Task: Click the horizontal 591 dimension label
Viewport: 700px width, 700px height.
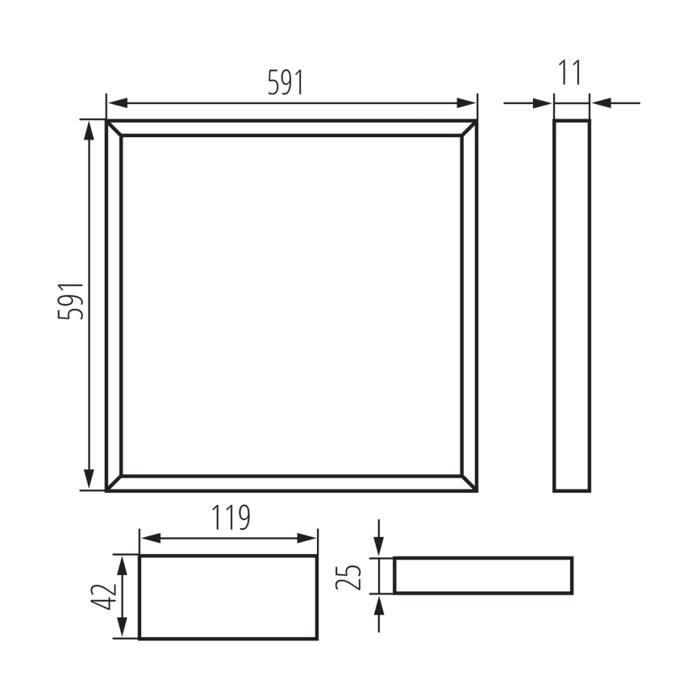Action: point(285,83)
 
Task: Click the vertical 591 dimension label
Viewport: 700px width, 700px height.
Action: point(71,301)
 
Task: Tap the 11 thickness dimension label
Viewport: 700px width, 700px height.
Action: point(570,73)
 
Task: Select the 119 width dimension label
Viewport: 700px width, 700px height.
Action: point(231,518)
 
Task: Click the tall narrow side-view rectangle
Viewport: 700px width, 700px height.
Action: point(572,306)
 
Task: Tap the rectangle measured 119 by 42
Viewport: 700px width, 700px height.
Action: point(228,597)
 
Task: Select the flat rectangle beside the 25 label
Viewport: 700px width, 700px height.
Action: point(483,576)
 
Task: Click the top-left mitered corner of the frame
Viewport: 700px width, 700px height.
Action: point(114,128)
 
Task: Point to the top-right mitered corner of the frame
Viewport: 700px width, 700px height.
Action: point(469,128)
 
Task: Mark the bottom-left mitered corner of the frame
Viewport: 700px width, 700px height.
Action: point(114,483)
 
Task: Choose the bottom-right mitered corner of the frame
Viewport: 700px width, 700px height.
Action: point(469,483)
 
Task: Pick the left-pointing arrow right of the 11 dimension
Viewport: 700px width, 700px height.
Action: point(602,103)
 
